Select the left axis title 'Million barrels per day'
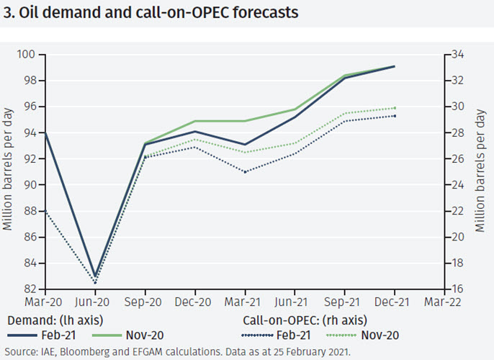coord(8,172)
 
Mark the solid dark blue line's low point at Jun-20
coord(95,276)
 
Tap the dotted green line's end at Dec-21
coord(394,108)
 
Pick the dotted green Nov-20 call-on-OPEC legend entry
coord(361,335)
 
